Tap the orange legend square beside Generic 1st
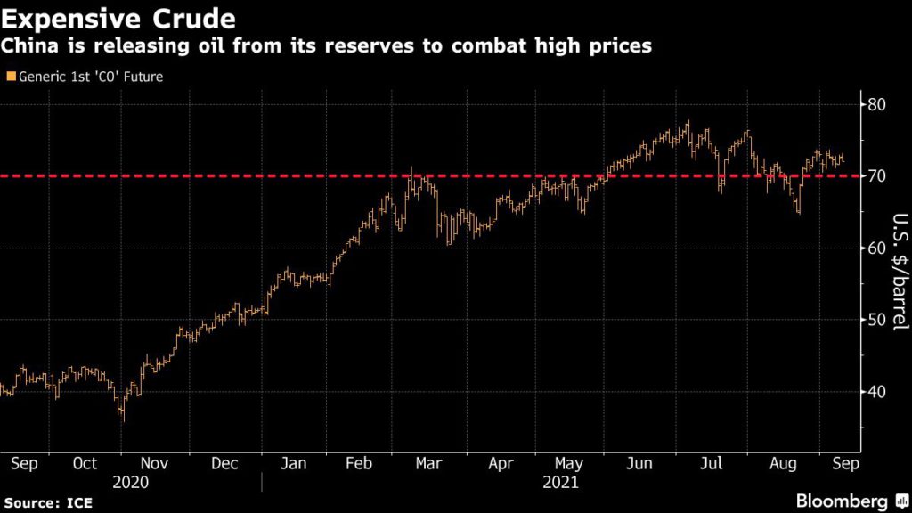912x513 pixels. [x=9, y=77]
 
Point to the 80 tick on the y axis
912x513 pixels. [x=879, y=104]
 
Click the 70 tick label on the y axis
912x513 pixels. [x=879, y=176]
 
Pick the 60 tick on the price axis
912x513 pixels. [x=879, y=248]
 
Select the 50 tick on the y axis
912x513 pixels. [x=879, y=320]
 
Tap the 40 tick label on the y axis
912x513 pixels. [x=879, y=392]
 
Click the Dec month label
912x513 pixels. [x=225, y=464]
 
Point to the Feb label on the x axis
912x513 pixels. [x=358, y=464]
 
